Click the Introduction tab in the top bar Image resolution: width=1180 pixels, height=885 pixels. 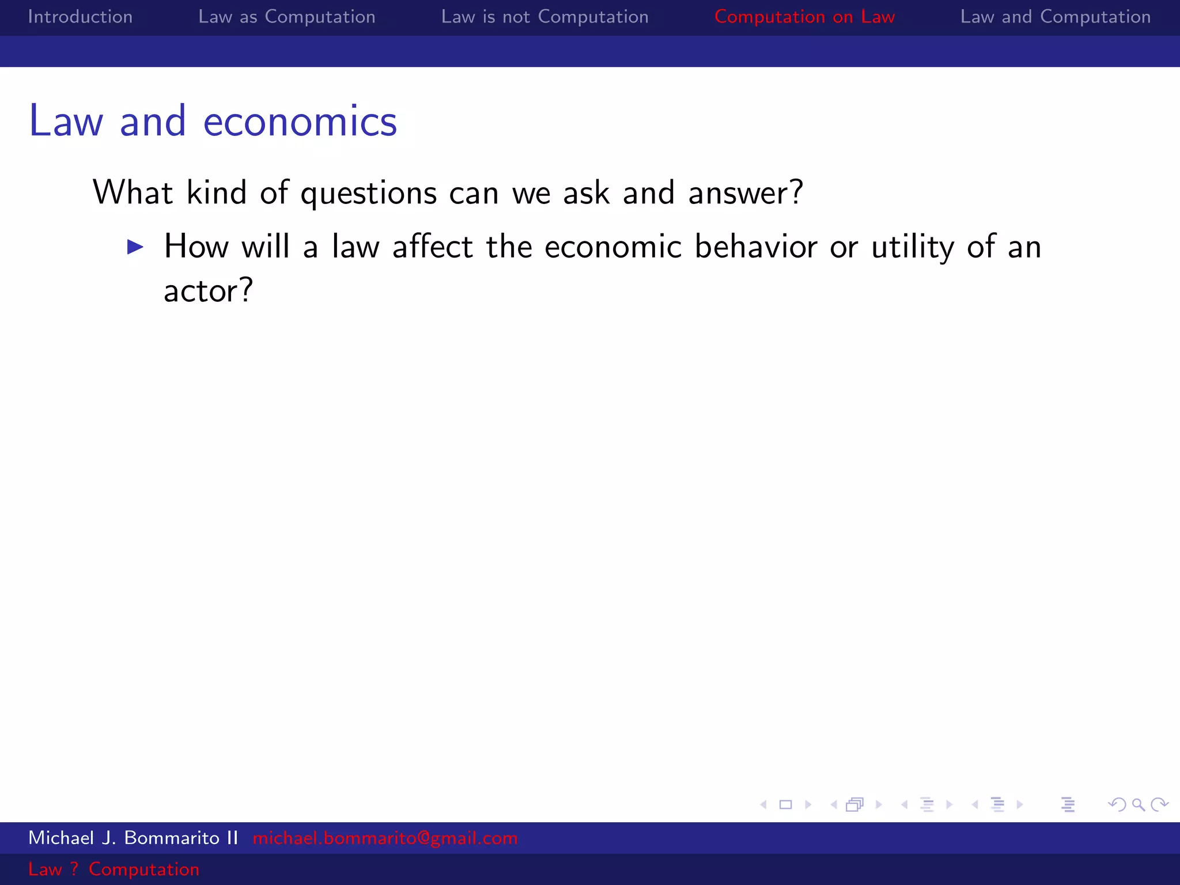click(x=80, y=17)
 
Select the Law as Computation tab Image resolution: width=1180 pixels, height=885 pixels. click(x=286, y=17)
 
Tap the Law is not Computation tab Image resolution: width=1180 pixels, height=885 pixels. click(x=544, y=17)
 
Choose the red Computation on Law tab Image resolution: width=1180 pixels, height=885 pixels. click(x=804, y=17)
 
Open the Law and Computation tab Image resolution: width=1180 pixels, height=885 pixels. click(x=1055, y=17)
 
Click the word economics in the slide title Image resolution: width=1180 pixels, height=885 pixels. click(x=300, y=122)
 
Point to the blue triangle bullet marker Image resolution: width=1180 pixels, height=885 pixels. click(x=135, y=247)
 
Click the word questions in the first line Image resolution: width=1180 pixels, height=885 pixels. click(x=369, y=193)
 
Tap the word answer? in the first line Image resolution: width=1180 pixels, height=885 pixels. click(x=746, y=193)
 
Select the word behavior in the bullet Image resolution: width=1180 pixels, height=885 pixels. click(x=755, y=247)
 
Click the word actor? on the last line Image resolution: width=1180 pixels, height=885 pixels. click(x=208, y=290)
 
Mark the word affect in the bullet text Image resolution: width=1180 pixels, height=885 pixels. click(x=433, y=247)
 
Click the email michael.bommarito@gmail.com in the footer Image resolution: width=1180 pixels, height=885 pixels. click(x=385, y=838)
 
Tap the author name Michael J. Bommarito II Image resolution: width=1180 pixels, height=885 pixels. click(x=133, y=838)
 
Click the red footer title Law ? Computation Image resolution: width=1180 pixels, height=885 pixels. click(x=114, y=869)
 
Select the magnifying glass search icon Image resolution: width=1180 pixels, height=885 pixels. click(x=1138, y=804)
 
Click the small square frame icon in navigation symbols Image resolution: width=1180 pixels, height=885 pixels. click(x=785, y=804)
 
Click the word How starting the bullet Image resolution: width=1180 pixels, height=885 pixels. click(x=196, y=247)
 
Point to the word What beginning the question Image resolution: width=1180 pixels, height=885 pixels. click(x=133, y=193)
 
